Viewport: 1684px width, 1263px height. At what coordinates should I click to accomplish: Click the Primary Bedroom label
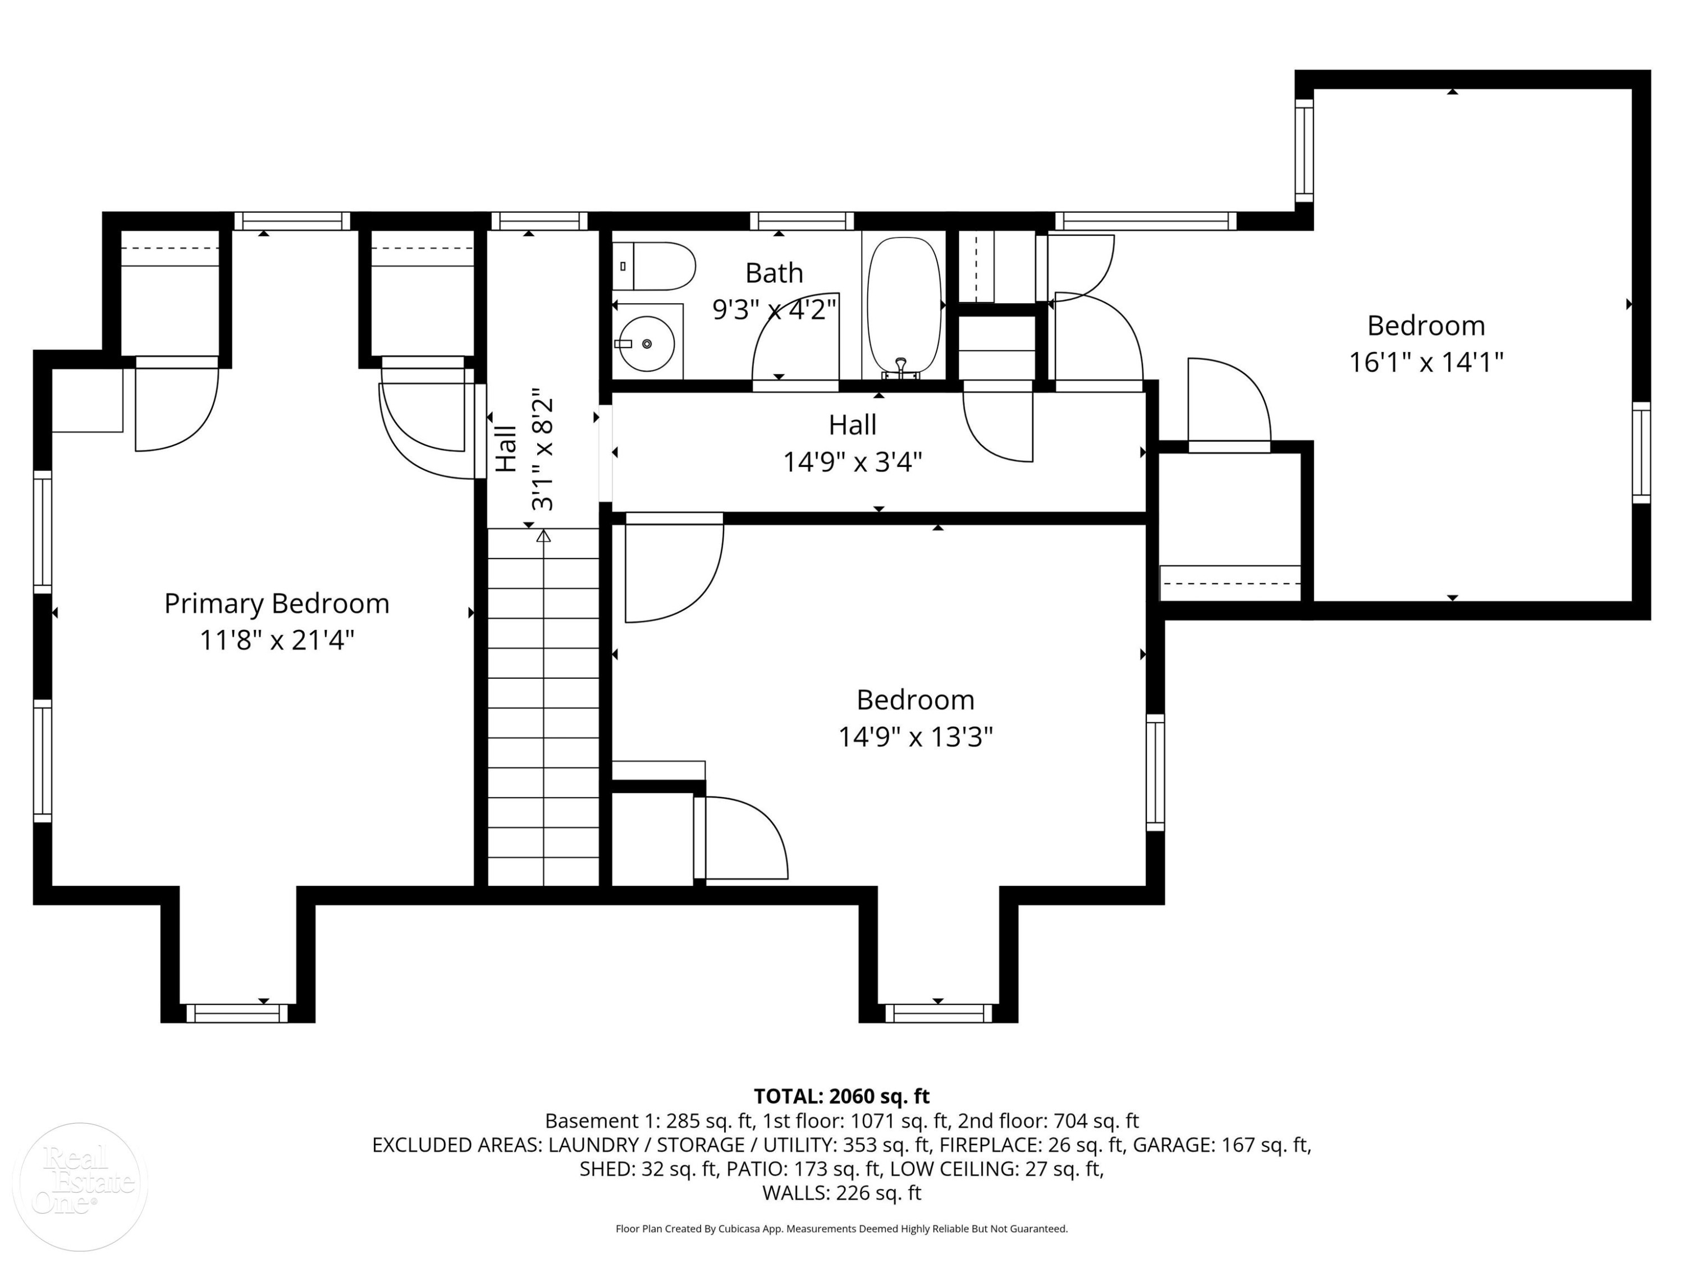[x=277, y=603]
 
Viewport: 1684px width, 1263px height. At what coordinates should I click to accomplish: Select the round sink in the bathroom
[x=646, y=344]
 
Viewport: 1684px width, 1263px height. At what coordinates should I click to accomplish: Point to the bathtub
[x=904, y=307]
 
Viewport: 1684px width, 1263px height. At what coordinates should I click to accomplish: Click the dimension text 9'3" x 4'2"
[x=774, y=310]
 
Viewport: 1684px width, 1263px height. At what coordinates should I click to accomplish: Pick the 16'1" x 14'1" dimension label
[x=1426, y=363]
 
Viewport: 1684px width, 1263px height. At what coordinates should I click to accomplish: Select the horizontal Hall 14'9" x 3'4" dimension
[x=853, y=462]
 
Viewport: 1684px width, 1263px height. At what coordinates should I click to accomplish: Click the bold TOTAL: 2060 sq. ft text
[x=841, y=1096]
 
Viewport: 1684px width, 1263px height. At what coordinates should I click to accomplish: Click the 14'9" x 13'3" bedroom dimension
[x=916, y=737]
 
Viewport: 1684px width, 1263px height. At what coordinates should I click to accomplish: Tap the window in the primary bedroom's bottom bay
[x=237, y=1013]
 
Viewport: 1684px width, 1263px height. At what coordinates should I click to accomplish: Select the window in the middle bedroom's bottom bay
[x=939, y=1013]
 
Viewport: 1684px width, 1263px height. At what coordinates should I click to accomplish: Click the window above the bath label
[x=802, y=221]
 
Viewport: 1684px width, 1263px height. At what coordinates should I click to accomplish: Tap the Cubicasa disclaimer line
[x=841, y=1229]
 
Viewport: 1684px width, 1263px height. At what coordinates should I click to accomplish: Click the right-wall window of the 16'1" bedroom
[x=1641, y=453]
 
